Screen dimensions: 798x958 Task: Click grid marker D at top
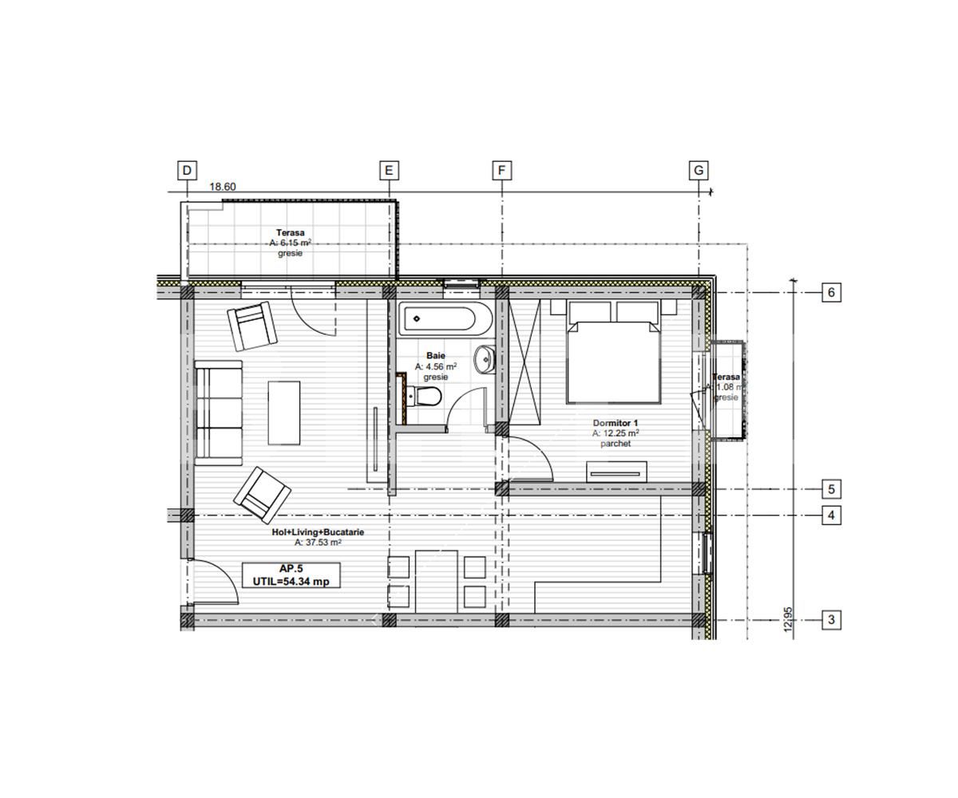pos(187,170)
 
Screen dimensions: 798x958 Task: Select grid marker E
pos(388,170)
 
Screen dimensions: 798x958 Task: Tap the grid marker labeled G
pos(699,170)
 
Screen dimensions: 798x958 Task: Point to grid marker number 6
pos(831,293)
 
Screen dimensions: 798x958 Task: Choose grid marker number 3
pos(831,619)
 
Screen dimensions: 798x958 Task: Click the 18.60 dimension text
pos(223,187)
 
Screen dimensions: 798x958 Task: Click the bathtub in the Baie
pos(438,321)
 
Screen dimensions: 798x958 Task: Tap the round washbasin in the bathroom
pos(485,359)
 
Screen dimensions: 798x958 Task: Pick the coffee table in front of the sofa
pos(283,413)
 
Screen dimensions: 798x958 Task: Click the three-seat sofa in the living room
pos(218,413)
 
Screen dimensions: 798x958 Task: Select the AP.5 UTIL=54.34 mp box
pos(291,575)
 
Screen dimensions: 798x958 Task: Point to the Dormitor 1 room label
pos(616,423)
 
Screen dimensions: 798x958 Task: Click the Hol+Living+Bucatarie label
pos(318,532)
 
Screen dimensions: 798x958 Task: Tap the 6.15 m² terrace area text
pos(291,243)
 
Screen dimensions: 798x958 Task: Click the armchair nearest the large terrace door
pos(253,327)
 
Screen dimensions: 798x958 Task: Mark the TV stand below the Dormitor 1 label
pos(617,472)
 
